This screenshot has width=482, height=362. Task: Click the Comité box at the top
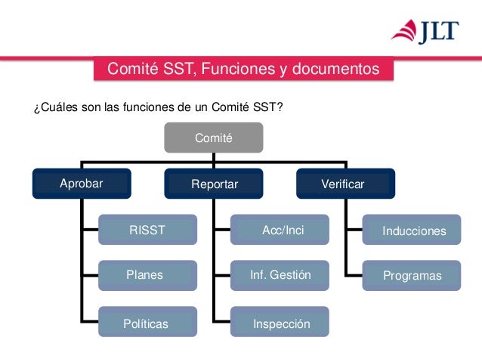click(214, 138)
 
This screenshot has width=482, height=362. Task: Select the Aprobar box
click(82, 184)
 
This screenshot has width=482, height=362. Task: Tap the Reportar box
click(215, 184)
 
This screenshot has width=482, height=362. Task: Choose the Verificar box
click(345, 184)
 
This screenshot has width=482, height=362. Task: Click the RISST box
click(147, 231)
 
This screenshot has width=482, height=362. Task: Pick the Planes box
click(147, 275)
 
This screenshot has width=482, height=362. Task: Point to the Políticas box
click(147, 323)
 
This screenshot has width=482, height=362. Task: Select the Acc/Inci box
click(280, 231)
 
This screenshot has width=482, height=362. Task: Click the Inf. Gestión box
click(280, 275)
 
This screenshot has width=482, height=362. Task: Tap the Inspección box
click(280, 323)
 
